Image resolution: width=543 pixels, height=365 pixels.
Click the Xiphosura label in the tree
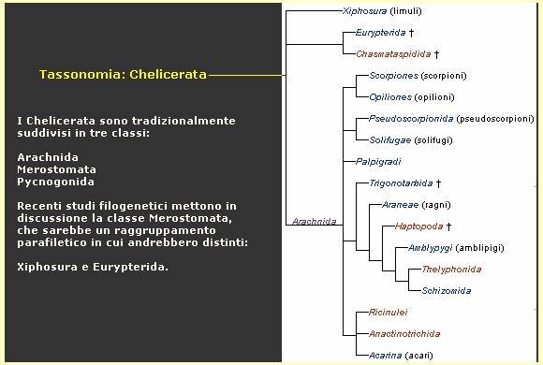(365, 11)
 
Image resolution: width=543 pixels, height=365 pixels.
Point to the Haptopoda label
(418, 226)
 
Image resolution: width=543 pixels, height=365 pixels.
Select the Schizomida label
(446, 290)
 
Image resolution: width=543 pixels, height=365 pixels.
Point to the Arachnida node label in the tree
(314, 222)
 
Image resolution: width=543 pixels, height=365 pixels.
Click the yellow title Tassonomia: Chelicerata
(123, 74)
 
